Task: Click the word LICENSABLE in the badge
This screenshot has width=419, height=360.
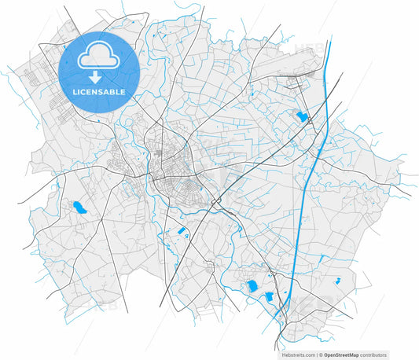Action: click(99, 92)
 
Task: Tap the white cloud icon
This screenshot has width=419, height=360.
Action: click(99, 54)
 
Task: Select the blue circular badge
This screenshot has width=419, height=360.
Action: click(99, 72)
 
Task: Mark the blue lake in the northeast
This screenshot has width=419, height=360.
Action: click(301, 117)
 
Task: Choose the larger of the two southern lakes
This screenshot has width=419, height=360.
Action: click(252, 286)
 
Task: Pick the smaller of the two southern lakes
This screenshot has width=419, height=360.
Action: click(269, 297)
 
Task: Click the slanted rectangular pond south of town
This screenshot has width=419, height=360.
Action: click(181, 231)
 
